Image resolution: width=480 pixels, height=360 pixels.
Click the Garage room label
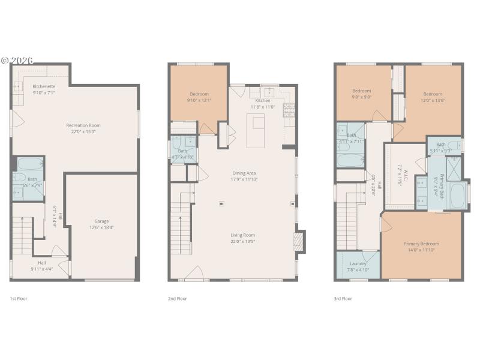click(101, 221)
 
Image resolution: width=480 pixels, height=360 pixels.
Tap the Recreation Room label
click(83, 125)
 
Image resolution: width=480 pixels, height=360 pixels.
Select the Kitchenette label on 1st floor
click(43, 86)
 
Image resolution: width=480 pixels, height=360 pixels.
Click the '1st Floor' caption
click(19, 298)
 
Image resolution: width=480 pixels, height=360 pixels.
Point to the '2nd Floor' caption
click(177, 298)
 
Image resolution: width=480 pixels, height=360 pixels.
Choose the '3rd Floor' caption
click(343, 298)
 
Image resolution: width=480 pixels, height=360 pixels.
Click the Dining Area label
click(244, 173)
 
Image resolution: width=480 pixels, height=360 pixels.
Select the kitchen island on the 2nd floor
click(258, 131)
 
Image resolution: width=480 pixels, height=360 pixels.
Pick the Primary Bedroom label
click(421, 244)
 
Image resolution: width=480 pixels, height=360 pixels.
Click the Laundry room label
click(358, 263)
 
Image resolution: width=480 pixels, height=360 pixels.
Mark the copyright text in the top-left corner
click(17, 61)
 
